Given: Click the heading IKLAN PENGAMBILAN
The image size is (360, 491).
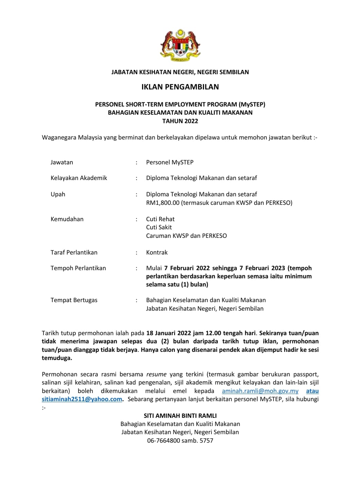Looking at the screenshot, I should click(x=180, y=87).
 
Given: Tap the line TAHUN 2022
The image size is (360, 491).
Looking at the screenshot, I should click(x=180, y=121).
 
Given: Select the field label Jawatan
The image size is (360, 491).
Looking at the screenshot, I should click(x=62, y=162).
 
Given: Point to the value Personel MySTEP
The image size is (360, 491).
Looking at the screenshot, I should click(x=170, y=162).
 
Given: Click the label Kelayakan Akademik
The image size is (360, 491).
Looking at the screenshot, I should click(x=79, y=178).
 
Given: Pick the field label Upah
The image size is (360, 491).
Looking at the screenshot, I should click(x=58, y=194).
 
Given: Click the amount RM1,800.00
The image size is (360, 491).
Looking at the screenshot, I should click(x=163, y=203).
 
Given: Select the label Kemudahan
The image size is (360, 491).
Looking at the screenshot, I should click(x=67, y=219).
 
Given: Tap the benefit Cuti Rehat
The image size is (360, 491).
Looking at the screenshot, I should click(x=160, y=219).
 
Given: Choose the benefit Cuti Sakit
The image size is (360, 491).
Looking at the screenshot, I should click(x=159, y=227).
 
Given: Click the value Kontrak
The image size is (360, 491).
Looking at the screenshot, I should click(x=157, y=252).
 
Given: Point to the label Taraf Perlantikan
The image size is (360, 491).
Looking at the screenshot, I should click(x=74, y=252).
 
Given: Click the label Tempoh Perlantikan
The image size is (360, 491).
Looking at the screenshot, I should click(x=78, y=268).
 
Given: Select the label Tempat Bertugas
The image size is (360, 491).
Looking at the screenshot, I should click(x=74, y=300).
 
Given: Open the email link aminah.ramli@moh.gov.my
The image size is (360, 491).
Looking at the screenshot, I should click(x=260, y=391).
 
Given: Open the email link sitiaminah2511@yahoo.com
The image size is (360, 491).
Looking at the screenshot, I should click(x=82, y=399).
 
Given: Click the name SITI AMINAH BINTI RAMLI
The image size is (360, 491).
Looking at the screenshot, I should click(x=180, y=415).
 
